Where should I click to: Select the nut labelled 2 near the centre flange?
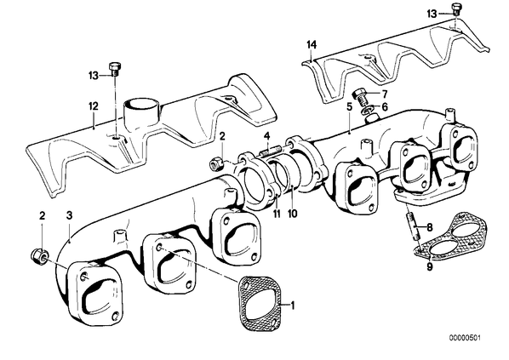216,163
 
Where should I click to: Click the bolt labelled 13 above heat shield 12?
114,68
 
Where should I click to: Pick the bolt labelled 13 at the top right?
456,9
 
